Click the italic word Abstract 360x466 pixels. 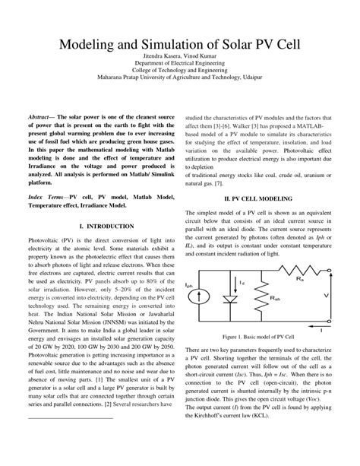42,119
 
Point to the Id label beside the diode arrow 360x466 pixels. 241,283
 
